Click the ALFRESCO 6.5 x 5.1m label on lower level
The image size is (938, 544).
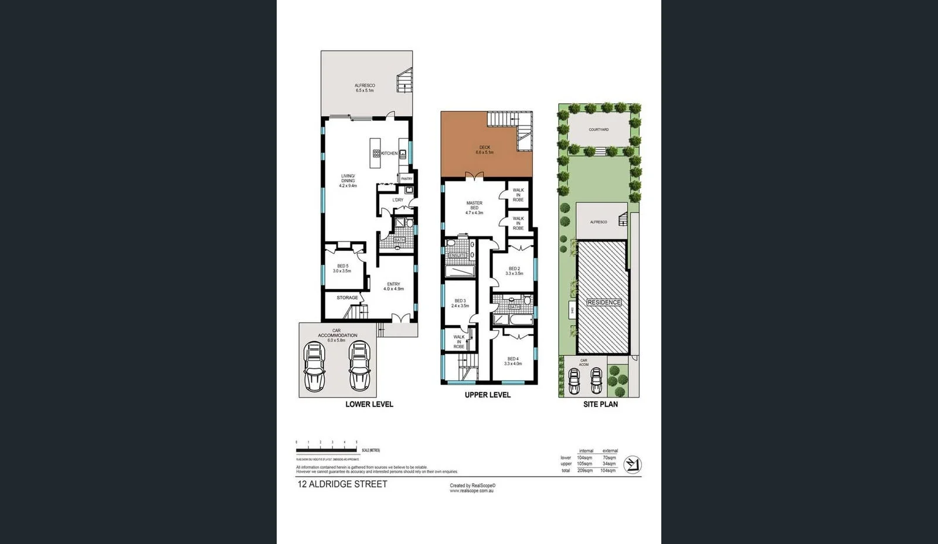coord(365,88)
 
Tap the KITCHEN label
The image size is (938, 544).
coord(389,154)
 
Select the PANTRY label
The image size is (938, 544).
coord(407,179)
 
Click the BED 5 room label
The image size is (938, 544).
coord(342,268)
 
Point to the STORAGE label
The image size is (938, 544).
coord(347,298)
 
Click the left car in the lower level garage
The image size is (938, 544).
coord(314,366)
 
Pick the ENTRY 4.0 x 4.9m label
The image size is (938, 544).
coord(393,287)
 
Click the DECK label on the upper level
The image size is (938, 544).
coord(484,150)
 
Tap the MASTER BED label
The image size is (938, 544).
coord(474,208)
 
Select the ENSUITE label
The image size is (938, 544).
coord(457,256)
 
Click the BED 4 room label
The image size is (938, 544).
coord(513,361)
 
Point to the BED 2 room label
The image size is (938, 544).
coord(514,271)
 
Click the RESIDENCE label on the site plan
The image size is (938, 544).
coord(604,302)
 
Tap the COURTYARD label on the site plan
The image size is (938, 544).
coord(599,130)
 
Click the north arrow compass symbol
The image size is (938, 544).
coord(632,465)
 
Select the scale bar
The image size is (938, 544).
coord(327,450)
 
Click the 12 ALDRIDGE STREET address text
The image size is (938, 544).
coord(342,484)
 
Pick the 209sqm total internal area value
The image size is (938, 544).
coord(584,471)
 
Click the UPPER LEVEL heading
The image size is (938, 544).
coord(487,395)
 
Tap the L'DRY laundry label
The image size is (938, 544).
coord(398,200)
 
